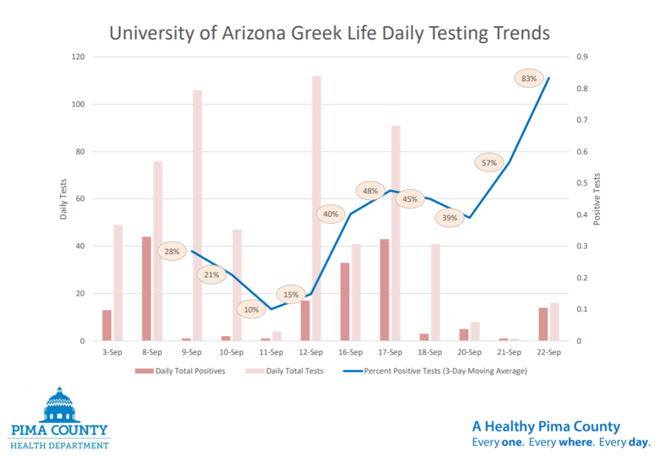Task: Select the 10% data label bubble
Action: [x=252, y=309]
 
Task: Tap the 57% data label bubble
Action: [x=489, y=163]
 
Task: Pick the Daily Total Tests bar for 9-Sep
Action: [x=197, y=215]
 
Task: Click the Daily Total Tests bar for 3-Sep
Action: [x=118, y=283]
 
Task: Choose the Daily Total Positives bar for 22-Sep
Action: [x=543, y=324]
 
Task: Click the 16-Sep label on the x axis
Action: [x=350, y=352]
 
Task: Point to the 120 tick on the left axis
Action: [x=78, y=57]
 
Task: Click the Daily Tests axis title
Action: [x=63, y=198]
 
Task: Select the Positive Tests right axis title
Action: [x=597, y=199]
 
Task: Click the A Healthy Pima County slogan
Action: [x=546, y=426]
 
